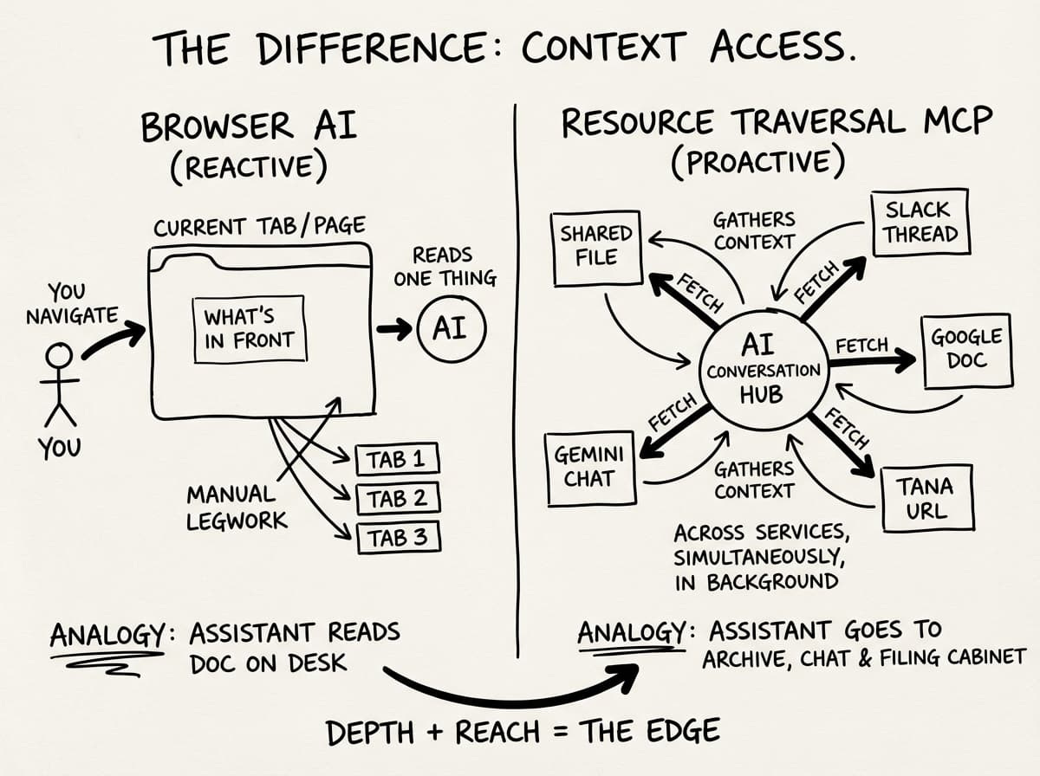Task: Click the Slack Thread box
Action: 920,222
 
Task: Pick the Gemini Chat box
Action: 590,466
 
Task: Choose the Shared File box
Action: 595,246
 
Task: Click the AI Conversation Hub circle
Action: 763,371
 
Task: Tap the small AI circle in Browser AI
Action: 451,329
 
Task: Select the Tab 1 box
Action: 397,459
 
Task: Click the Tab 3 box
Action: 398,538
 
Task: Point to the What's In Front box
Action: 249,329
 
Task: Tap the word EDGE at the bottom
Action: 686,732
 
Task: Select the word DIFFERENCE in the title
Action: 360,48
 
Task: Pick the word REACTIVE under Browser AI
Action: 249,166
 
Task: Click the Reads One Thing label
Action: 444,266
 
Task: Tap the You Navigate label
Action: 71,303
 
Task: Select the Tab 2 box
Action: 397,498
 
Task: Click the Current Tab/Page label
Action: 259,227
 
